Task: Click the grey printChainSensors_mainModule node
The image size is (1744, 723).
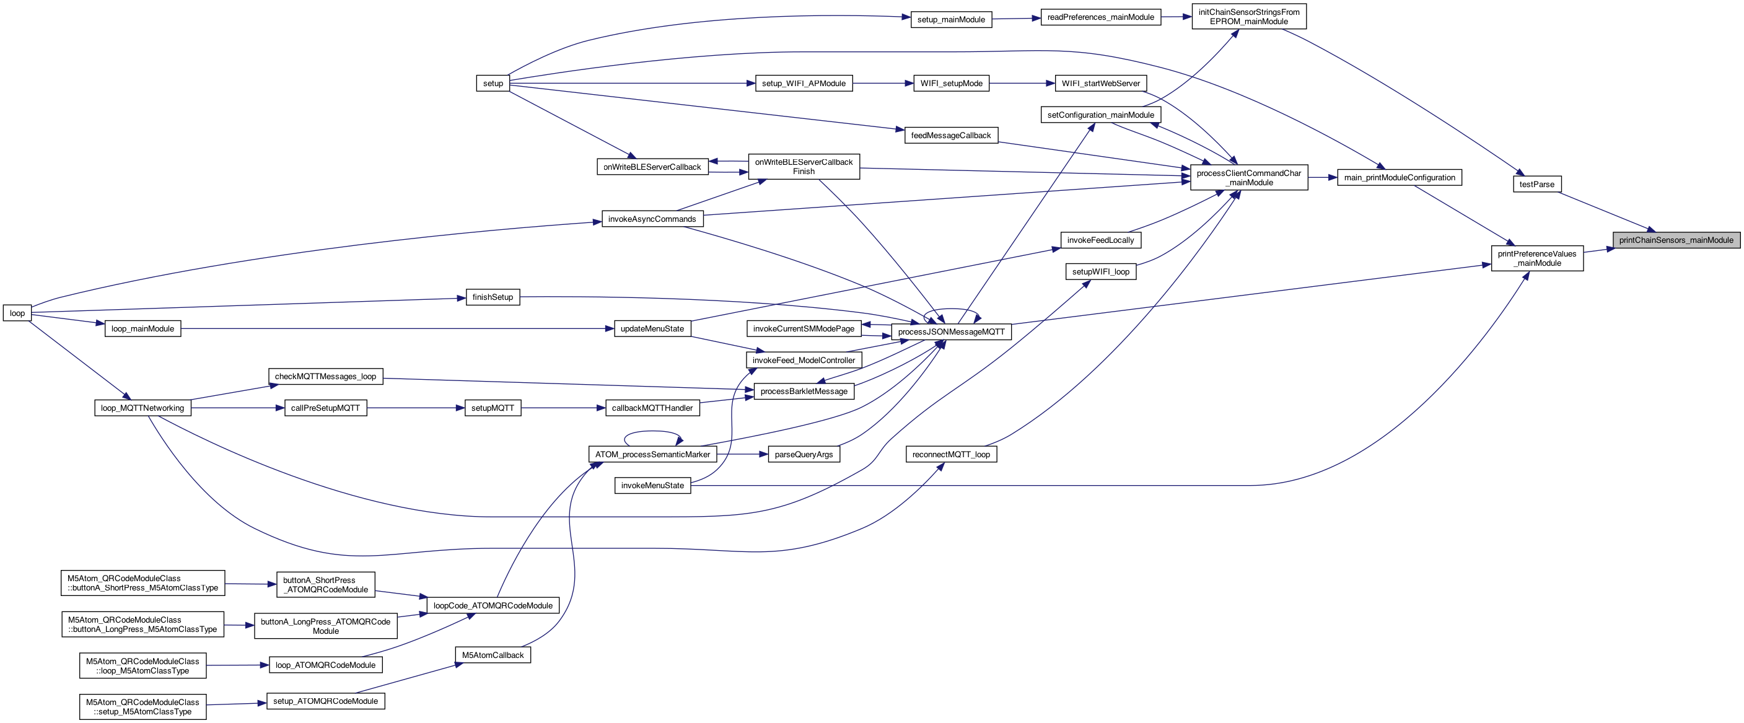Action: click(x=1676, y=240)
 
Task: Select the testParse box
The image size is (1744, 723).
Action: click(x=1536, y=184)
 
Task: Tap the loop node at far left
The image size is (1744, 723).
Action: click(x=17, y=313)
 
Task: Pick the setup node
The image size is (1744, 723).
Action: click(x=493, y=83)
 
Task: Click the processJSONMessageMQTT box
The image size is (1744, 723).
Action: click(x=950, y=331)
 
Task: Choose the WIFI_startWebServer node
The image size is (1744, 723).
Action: click(x=1100, y=83)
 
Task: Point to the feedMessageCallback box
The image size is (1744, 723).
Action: click(x=950, y=136)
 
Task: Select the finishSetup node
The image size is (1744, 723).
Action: click(x=492, y=297)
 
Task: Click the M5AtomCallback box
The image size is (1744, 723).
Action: click(x=492, y=655)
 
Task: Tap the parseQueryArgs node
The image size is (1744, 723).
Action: click(x=804, y=454)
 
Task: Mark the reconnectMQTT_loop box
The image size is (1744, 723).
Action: click(x=950, y=454)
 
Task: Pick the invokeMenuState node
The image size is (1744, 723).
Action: click(x=652, y=485)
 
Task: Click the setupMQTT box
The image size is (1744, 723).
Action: click(x=492, y=408)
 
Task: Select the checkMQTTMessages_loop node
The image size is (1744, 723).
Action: click(x=325, y=377)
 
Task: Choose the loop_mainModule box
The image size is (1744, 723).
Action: click(x=142, y=329)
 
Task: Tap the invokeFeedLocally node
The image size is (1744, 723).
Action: click(x=1100, y=240)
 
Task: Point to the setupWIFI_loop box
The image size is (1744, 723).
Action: click(x=1100, y=272)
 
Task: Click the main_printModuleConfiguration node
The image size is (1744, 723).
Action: click(x=1399, y=177)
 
